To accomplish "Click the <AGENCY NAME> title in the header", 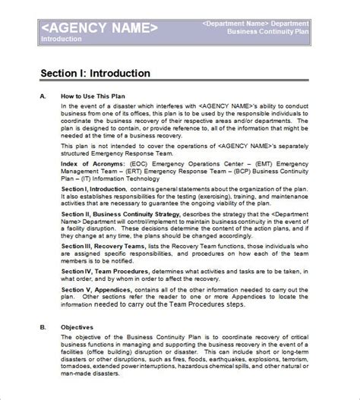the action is tap(99, 27).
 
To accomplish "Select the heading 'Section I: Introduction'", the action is tap(95, 74).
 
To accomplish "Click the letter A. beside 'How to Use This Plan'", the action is tap(43, 96).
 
